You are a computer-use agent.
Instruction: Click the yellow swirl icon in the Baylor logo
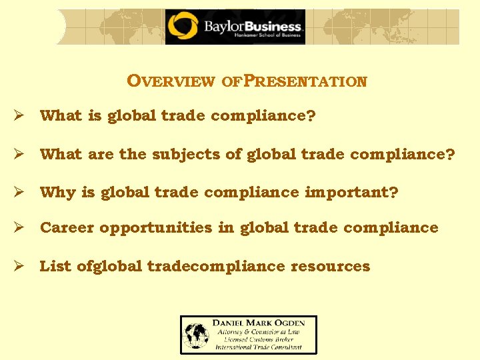point(182,27)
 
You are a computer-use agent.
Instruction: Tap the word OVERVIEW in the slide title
point(171,81)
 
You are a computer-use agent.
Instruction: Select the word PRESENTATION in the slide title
point(305,81)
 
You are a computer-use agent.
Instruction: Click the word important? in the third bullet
point(351,193)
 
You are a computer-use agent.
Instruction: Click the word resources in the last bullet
point(330,266)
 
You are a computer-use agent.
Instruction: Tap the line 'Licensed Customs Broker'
point(257,339)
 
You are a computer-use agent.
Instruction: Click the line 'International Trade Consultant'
point(257,347)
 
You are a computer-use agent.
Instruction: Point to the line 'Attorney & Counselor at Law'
point(257,331)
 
